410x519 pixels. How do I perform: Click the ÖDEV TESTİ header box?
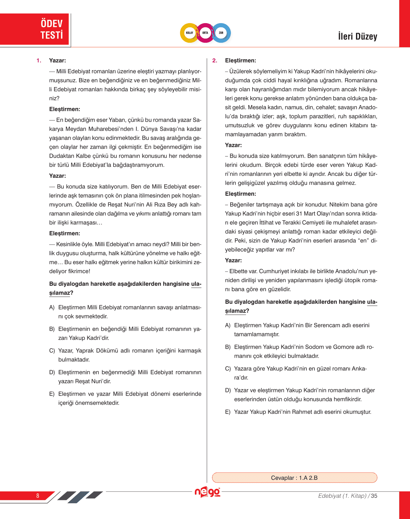tap(35, 29)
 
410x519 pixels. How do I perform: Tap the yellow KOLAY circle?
tap(190, 33)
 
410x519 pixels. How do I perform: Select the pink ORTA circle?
tap(205, 33)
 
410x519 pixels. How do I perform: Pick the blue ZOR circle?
tap(221, 33)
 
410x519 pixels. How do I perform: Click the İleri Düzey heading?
tap(357, 36)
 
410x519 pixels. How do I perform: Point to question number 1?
tap(39, 60)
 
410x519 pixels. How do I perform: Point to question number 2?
tap(214, 60)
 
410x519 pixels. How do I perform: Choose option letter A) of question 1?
tap(52, 308)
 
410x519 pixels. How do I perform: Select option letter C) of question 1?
tap(52, 351)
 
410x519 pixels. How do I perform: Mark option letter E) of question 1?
tap(52, 394)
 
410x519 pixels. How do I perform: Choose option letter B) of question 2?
tap(228, 347)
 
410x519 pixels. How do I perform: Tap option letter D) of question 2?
tap(228, 390)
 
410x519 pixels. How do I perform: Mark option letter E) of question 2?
tap(228, 412)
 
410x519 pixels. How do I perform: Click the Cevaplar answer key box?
tap(294, 478)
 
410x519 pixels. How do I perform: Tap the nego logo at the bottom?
tap(207, 492)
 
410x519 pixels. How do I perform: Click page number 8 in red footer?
tap(38, 496)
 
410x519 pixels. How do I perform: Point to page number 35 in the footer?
tap(374, 496)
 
